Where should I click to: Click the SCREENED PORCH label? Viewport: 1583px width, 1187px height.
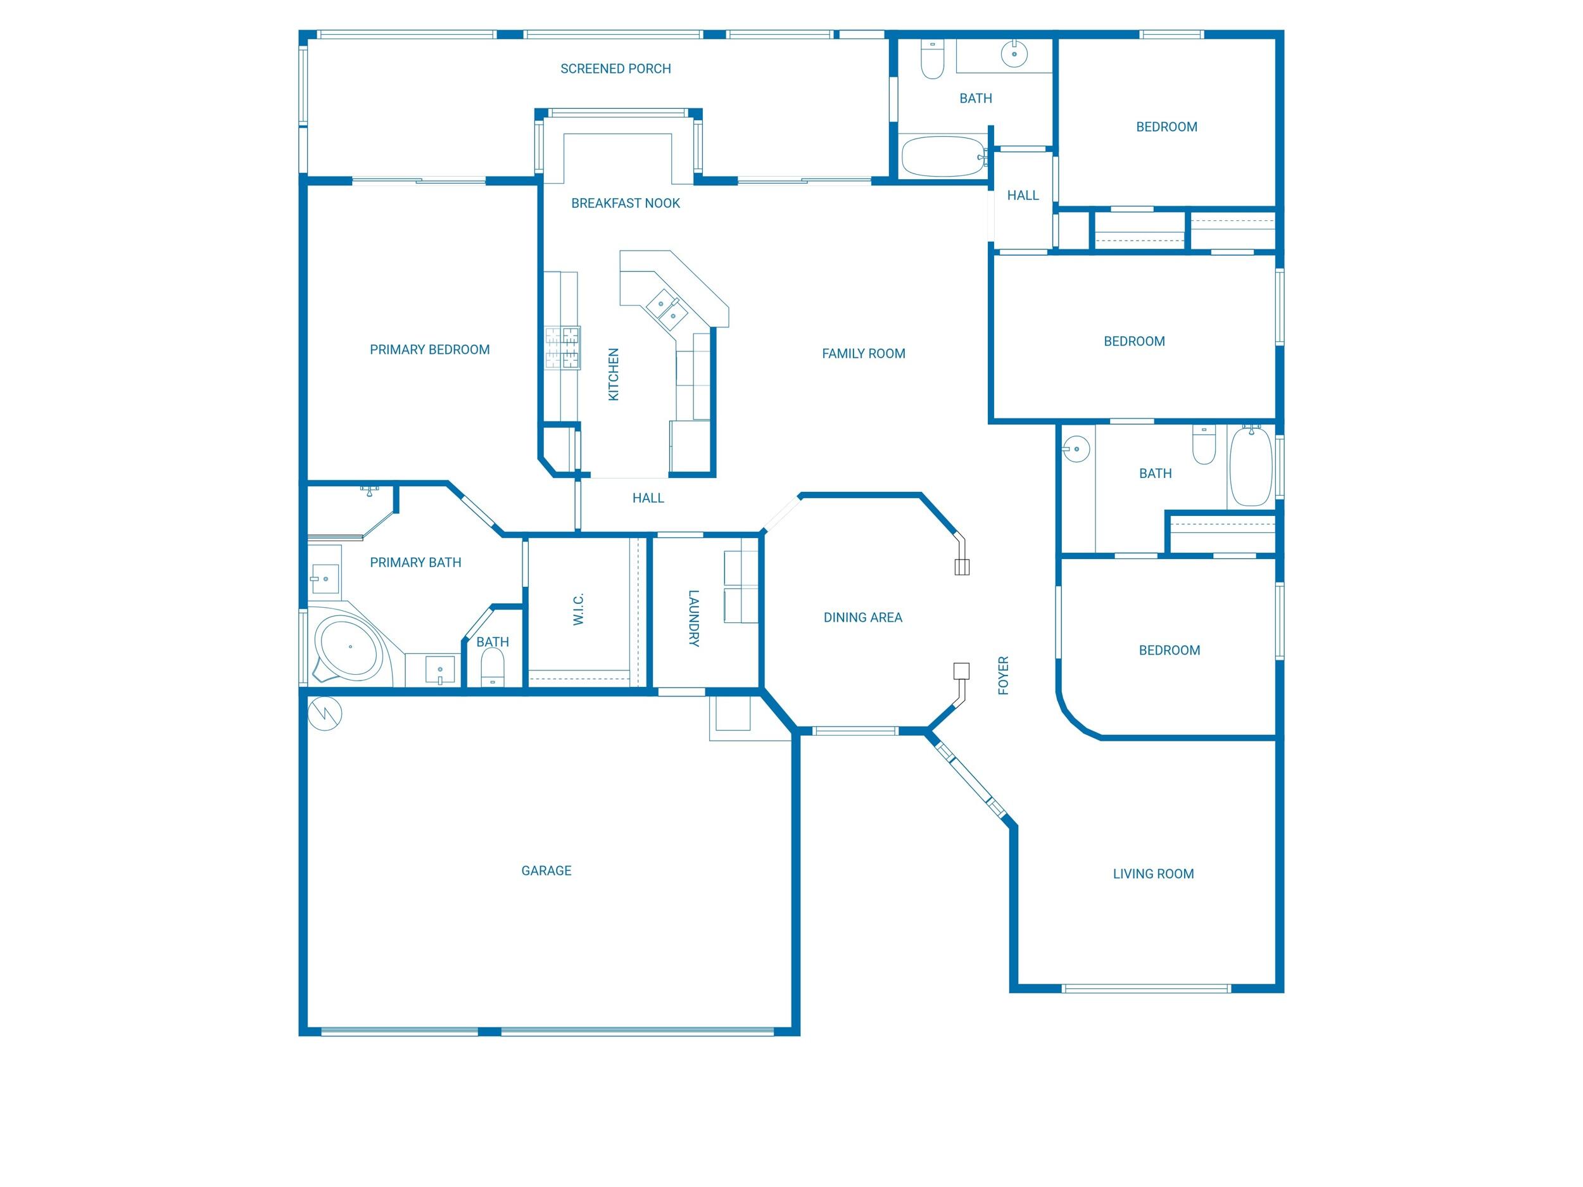pos(615,68)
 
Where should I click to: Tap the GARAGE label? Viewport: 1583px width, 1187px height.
pos(546,870)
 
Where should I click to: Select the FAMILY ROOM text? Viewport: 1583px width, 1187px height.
pos(863,353)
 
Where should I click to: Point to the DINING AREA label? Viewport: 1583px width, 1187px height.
pos(862,617)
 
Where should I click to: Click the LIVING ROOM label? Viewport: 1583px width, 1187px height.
pos(1153,874)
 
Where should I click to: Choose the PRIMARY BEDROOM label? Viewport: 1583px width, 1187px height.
pos(429,350)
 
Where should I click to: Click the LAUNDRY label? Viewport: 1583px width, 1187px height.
pos(693,618)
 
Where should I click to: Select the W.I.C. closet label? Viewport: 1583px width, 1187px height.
pos(579,609)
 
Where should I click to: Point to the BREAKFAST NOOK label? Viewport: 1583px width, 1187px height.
pos(626,203)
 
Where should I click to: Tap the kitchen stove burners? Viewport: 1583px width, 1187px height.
pos(562,348)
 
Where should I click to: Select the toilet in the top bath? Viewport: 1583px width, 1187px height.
pos(932,61)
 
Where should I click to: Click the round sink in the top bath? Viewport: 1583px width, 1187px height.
pos(1014,54)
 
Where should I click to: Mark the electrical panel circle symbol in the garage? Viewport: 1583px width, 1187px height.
pos(325,713)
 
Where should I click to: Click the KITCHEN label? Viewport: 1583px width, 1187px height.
pos(614,374)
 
